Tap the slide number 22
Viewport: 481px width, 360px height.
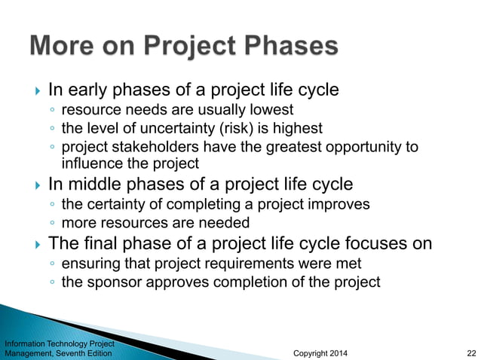(470, 352)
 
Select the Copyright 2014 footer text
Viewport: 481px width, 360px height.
(320, 352)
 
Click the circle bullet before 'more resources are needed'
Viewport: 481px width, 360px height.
(51, 224)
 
